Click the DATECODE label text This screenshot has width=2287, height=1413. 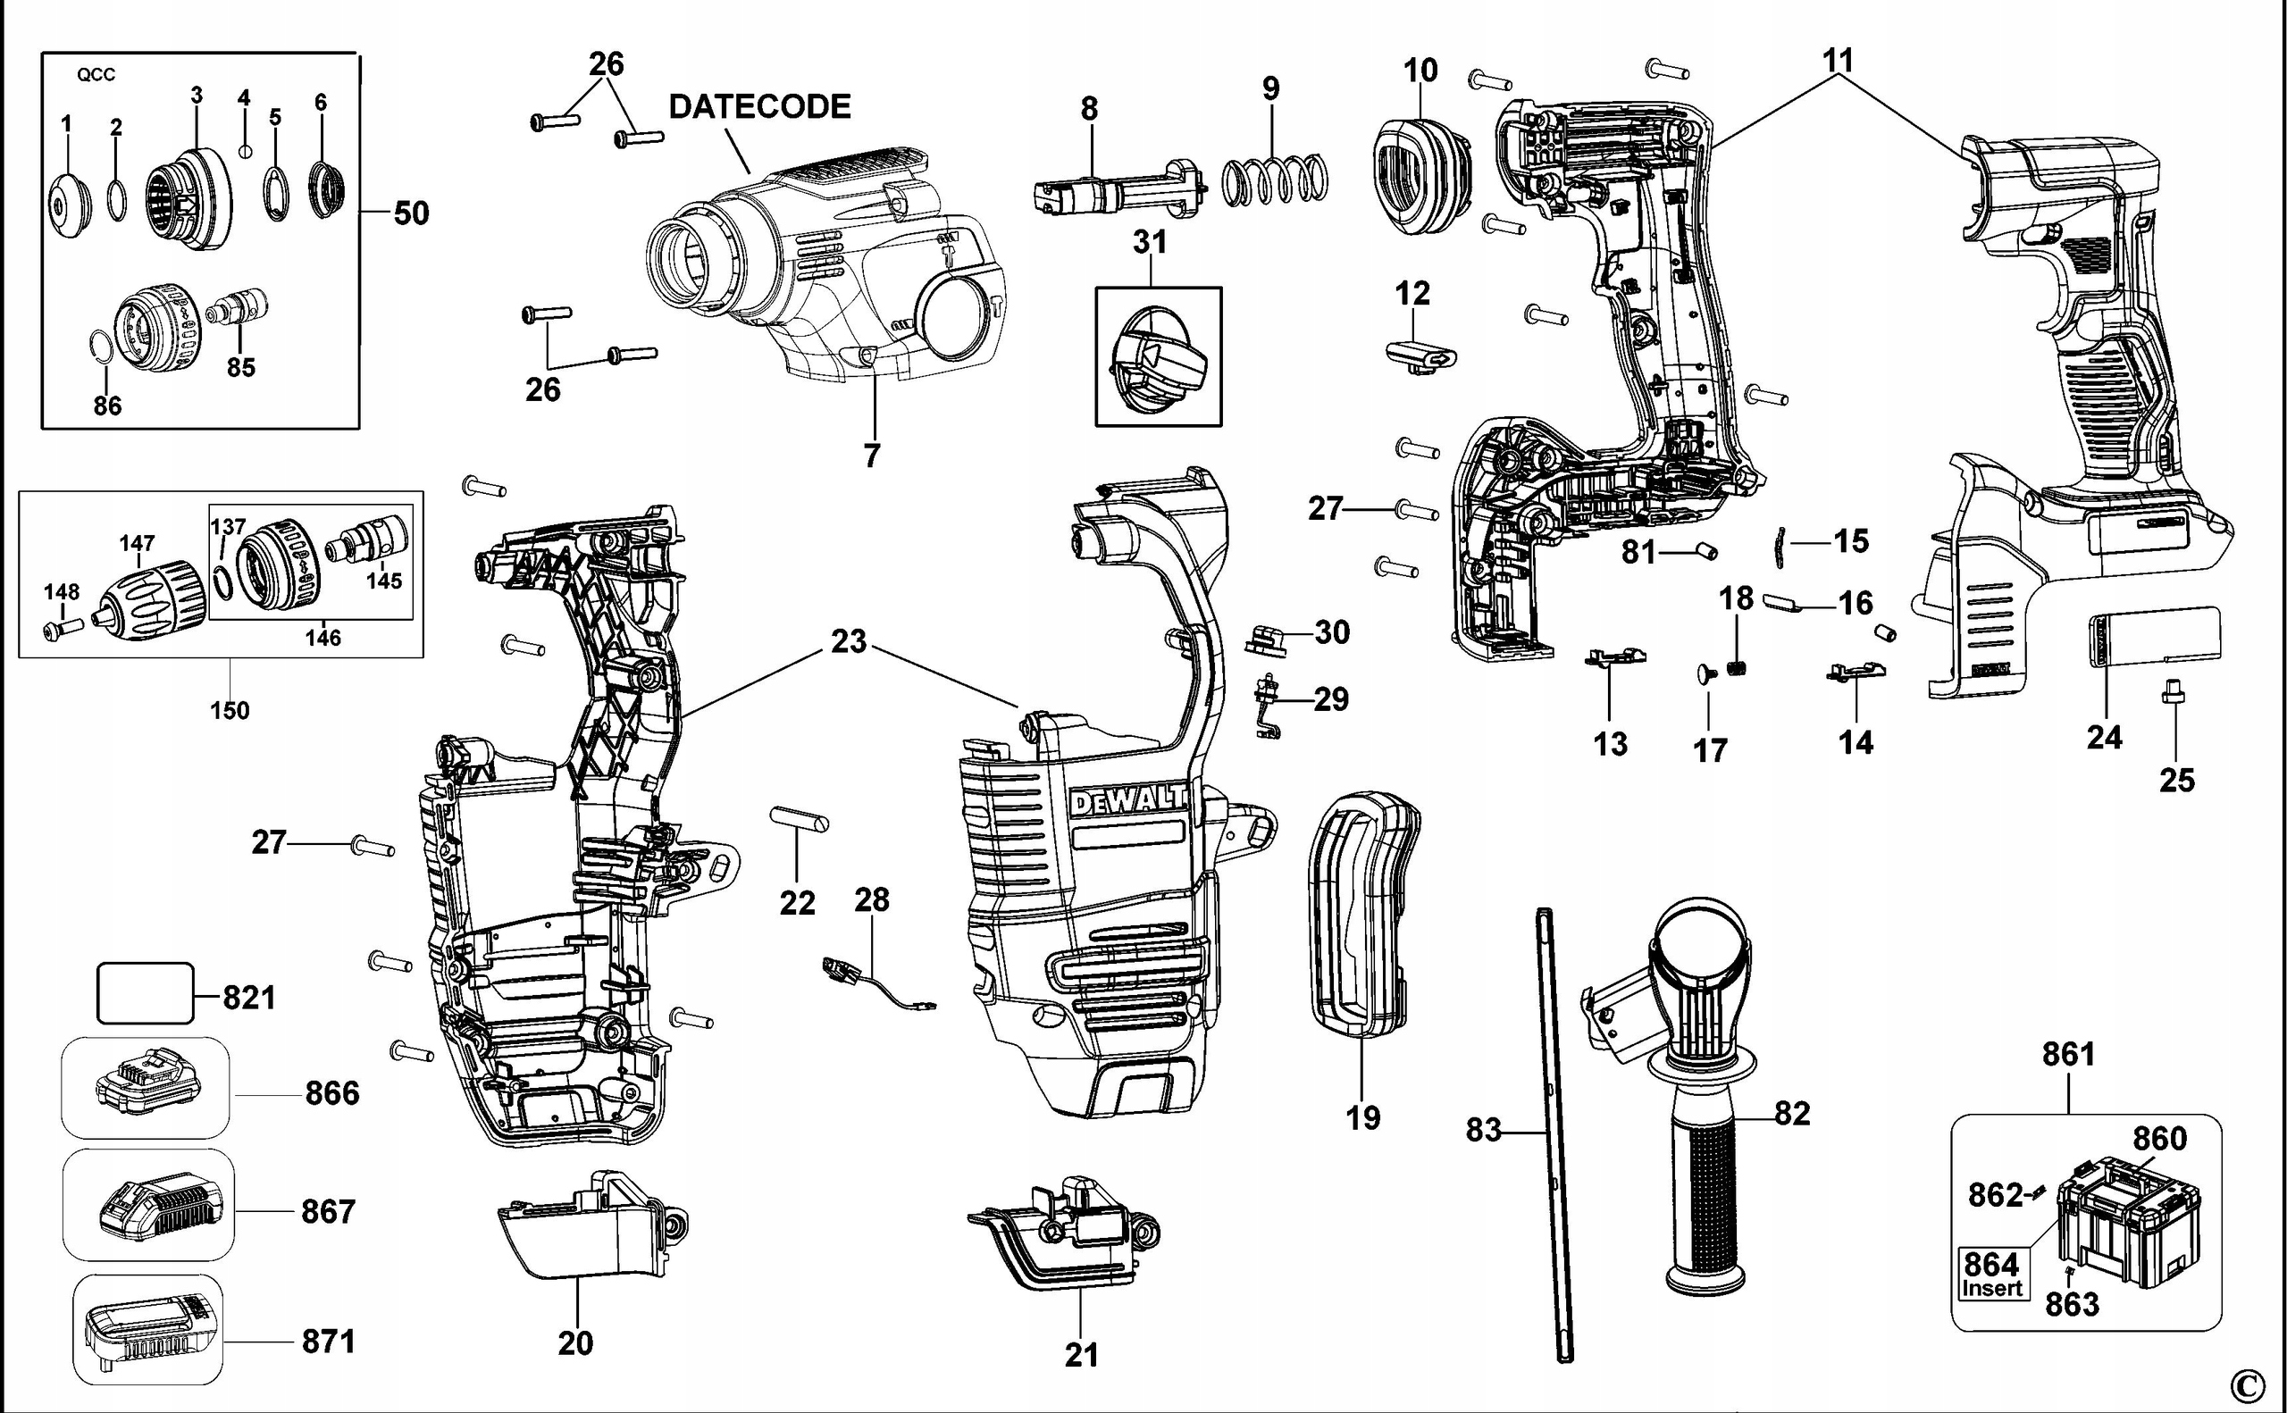pos(758,106)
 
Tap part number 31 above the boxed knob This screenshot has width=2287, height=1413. pos(1150,242)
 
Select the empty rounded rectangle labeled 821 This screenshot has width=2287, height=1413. pos(145,993)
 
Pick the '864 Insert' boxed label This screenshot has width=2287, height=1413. pos(1991,1274)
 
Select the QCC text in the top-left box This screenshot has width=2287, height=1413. pos(96,76)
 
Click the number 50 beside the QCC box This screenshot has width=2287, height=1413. pos(410,213)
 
